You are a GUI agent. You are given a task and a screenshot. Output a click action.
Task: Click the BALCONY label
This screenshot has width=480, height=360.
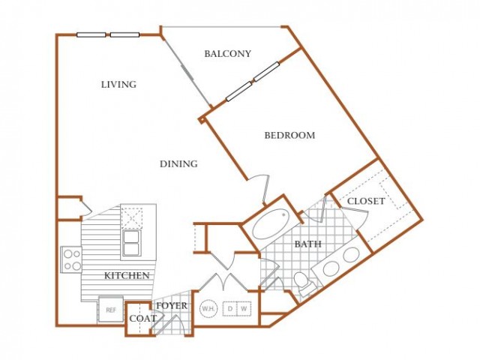pos(227,54)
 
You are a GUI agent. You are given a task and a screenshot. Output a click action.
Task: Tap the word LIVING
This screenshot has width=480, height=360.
pos(118,84)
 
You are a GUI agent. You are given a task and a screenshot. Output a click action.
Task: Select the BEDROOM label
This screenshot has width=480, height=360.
pos(289,135)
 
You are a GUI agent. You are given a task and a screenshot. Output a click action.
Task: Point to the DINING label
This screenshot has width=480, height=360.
pos(178,163)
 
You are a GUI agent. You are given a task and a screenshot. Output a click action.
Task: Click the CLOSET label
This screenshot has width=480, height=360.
pos(366,201)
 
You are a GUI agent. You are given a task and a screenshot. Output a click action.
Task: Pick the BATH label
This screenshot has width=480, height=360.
pos(308,244)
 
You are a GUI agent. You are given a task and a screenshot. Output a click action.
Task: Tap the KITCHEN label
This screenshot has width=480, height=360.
pos(127,275)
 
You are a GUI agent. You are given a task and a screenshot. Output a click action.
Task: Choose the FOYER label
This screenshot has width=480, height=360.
pos(172,305)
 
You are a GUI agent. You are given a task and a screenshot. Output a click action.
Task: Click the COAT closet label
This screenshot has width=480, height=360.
pos(143,319)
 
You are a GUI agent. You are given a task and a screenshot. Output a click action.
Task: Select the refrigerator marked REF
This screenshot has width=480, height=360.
pos(111,309)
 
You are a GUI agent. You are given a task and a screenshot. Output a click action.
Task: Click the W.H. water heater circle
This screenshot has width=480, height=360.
pos(208,309)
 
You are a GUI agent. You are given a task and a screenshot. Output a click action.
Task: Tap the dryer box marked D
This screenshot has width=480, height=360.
pos(229,308)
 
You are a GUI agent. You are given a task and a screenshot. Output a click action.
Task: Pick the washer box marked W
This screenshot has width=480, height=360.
pos(244,308)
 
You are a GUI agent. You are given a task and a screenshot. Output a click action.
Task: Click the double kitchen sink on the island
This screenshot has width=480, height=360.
pos(132,243)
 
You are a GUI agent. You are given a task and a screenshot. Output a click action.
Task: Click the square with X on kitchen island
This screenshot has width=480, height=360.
pos(132,218)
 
